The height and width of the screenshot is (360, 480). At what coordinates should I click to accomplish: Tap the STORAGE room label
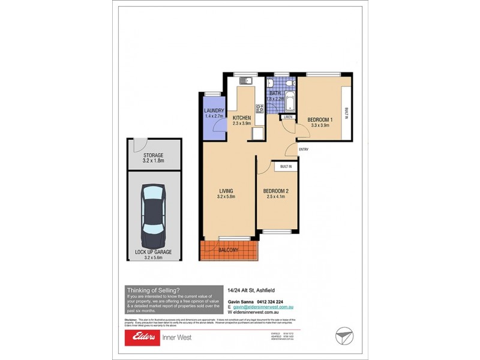pos(153,155)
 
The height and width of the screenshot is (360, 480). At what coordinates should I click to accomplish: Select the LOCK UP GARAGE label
pos(153,252)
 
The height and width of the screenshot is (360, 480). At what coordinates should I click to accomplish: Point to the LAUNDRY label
pos(214,111)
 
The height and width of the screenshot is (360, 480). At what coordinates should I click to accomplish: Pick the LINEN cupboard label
pos(288,117)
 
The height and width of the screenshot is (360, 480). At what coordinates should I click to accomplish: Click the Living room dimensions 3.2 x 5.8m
pos(226,197)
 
